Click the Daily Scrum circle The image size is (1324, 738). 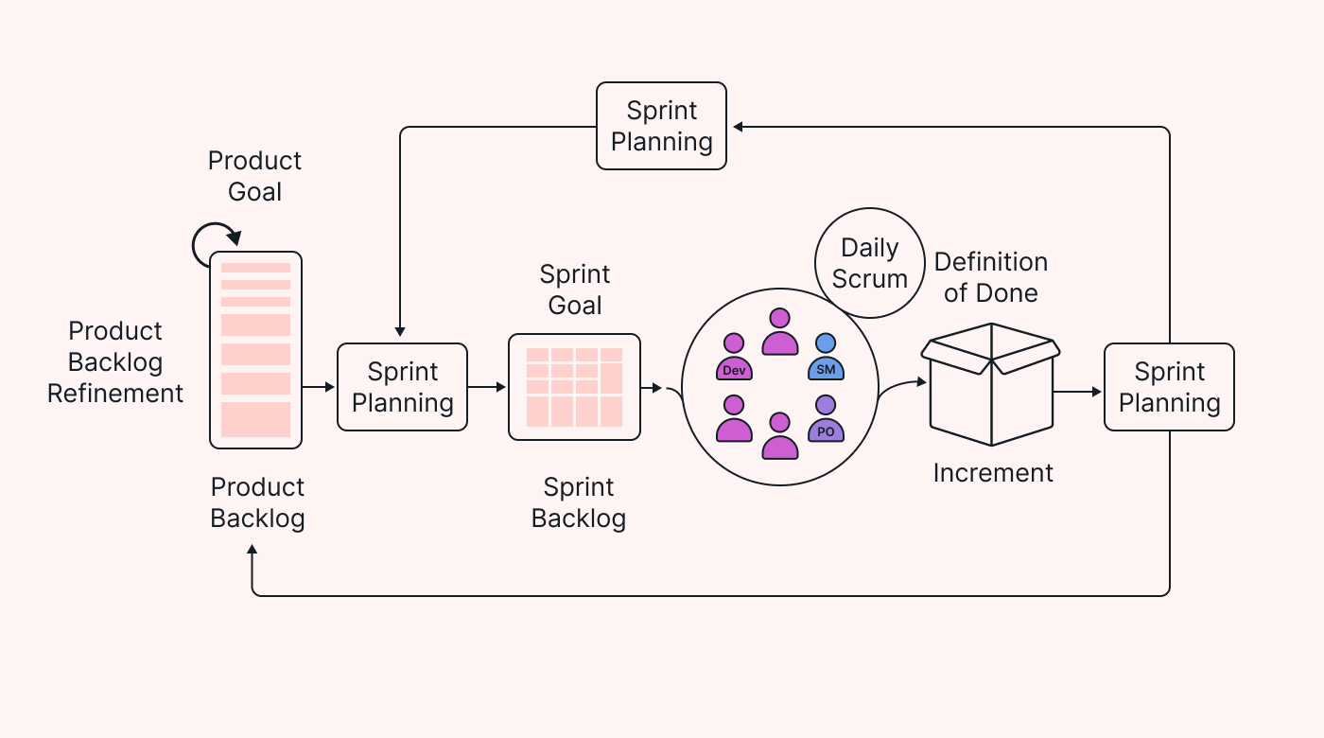tap(869, 263)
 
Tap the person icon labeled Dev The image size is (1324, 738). tap(734, 358)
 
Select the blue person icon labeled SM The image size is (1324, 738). tap(826, 358)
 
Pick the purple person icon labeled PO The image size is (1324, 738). tap(826, 419)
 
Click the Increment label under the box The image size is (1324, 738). tap(993, 473)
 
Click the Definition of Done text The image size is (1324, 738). tap(991, 277)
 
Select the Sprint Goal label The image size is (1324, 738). tap(575, 290)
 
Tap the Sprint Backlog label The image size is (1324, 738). tap(579, 502)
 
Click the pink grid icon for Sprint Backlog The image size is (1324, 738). tap(574, 387)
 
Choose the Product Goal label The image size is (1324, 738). tap(255, 176)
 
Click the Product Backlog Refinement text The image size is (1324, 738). tap(115, 362)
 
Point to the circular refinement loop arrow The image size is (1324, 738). tap(215, 245)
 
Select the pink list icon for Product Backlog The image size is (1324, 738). tap(255, 350)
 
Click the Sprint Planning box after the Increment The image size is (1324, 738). tap(1169, 387)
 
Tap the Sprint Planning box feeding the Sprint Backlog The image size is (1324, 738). tap(402, 387)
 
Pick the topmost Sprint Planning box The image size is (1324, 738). tap(661, 126)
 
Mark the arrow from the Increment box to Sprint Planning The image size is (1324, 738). tap(1077, 391)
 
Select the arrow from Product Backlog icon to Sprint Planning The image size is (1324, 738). tap(319, 387)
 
